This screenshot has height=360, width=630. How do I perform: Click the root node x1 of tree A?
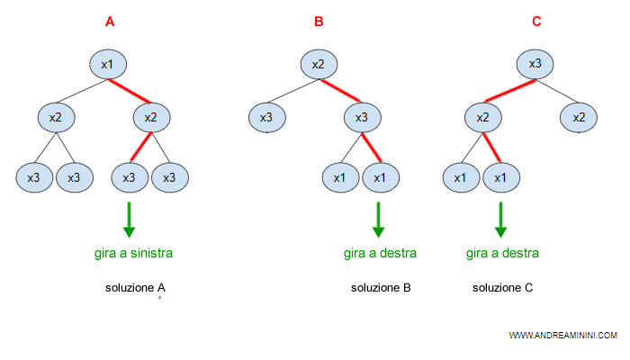click(106, 64)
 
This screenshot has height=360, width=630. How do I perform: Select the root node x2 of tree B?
click(318, 64)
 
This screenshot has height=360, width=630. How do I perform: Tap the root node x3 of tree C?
click(535, 64)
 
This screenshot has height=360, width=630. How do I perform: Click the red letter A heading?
click(110, 22)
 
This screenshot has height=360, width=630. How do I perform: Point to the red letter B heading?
click(319, 22)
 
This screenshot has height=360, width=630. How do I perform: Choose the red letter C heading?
click(536, 22)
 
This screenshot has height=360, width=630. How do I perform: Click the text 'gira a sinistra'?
click(133, 253)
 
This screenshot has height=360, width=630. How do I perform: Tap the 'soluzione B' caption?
click(381, 288)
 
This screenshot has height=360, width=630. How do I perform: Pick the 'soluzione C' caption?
click(503, 288)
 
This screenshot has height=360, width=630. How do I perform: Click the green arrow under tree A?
click(129, 220)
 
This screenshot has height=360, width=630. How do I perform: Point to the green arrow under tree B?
click(378, 220)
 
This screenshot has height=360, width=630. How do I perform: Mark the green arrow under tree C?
click(500, 220)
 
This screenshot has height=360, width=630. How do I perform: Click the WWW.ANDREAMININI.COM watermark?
click(562, 335)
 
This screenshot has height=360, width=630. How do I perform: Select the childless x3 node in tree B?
click(266, 117)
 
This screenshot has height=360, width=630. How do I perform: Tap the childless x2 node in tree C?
click(579, 117)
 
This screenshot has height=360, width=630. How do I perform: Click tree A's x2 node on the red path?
click(151, 117)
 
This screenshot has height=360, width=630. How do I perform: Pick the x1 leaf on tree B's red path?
click(379, 177)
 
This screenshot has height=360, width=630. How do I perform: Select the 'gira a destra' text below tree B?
click(381, 253)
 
